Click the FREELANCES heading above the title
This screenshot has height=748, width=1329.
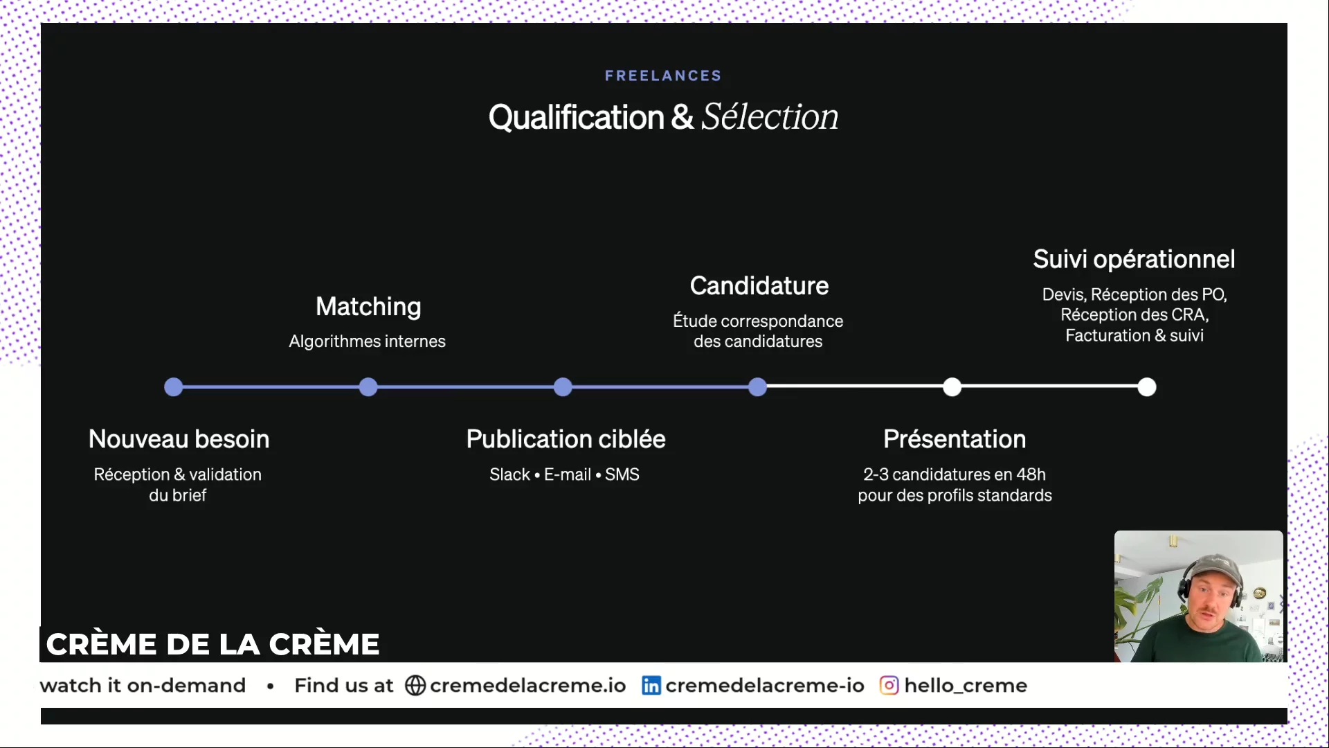[663, 75]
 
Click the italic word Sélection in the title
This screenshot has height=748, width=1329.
[770, 116]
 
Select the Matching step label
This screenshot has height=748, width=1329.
[368, 307]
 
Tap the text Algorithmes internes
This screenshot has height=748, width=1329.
[367, 341]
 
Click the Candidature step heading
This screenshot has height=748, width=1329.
[759, 285]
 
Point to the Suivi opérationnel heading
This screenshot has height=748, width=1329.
[1134, 260]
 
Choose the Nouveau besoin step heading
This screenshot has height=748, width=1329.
[179, 439]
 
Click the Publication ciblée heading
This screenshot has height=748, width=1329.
[566, 439]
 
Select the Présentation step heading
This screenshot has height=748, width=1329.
[955, 439]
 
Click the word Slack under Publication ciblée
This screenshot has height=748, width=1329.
[509, 474]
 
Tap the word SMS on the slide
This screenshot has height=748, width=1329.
[622, 474]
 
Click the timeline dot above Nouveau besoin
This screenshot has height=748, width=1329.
[174, 387]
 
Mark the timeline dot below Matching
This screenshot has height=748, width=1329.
[368, 387]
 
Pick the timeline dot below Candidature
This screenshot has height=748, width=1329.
[758, 387]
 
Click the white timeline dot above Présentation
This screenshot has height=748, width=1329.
[952, 387]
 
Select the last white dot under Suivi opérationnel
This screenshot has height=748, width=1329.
[1147, 387]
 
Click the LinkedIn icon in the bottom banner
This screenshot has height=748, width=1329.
[651, 686]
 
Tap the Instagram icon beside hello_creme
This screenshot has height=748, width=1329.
[889, 686]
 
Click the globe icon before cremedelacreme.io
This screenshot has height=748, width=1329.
[415, 686]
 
